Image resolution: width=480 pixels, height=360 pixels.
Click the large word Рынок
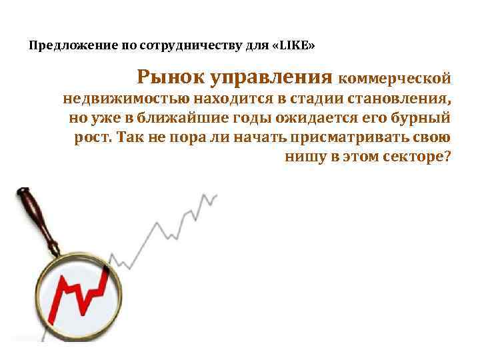170,77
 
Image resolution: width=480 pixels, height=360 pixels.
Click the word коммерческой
395,78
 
